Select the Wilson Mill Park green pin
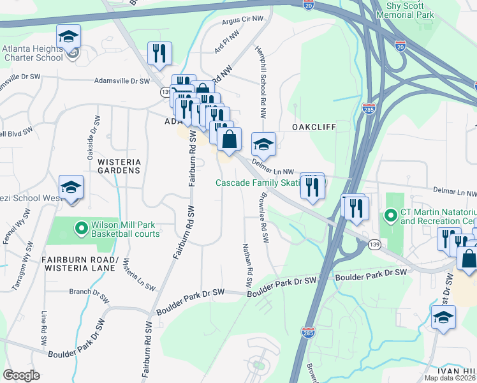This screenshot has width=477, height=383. pyautogui.click(x=81, y=227)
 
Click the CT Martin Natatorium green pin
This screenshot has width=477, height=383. pyautogui.click(x=390, y=216)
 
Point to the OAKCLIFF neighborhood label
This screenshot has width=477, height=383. pyautogui.click(x=314, y=127)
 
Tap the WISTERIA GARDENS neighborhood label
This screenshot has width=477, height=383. pyautogui.click(x=119, y=166)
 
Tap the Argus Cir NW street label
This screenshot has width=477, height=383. pyautogui.click(x=243, y=20)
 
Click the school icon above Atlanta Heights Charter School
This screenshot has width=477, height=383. pyautogui.click(x=68, y=36)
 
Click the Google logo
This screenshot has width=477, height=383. pyautogui.click(x=21, y=375)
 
